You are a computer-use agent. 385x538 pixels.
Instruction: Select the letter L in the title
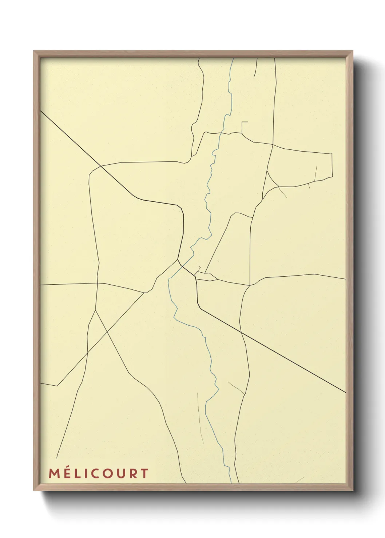tap(78, 473)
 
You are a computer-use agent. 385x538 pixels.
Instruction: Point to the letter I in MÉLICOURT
tap(87, 473)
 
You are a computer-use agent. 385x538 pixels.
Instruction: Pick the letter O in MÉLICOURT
tap(111, 473)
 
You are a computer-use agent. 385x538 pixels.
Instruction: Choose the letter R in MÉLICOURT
tap(135, 473)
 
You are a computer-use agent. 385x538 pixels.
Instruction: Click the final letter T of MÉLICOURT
tap(145, 473)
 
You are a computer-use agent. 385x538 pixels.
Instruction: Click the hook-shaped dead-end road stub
tap(244, 123)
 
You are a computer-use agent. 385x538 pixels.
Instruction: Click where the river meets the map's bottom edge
tap(231, 483)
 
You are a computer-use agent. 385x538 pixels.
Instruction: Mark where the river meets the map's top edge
tap(233, 59)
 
